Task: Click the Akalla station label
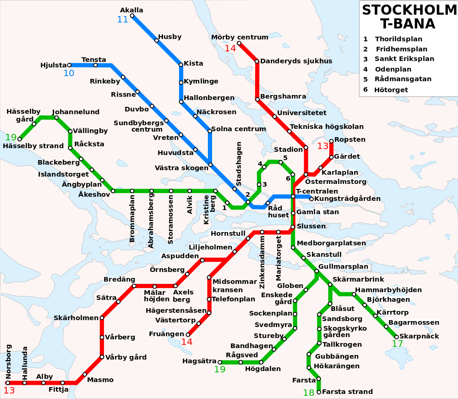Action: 131,10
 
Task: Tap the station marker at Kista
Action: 181,64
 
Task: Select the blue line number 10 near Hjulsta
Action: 69,73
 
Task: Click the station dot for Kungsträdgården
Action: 311,199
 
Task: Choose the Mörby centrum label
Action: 240,37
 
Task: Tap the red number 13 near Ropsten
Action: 323,146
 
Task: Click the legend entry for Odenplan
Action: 393,69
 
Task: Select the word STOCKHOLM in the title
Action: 409,10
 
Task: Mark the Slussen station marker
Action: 293,227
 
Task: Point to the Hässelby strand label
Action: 33,146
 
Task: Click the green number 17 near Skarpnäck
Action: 398,344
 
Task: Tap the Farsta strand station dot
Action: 319,392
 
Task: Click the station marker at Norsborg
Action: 8,382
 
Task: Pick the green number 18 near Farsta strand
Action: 309,393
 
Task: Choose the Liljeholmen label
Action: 210,247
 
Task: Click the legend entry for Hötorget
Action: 391,90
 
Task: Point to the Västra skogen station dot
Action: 210,164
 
